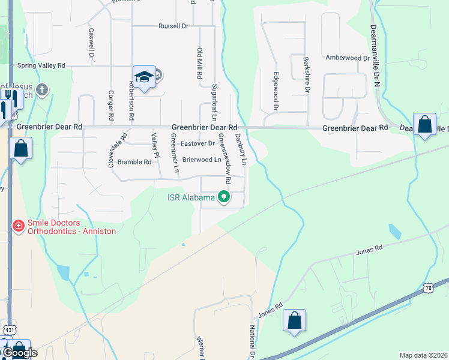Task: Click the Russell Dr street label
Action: coord(173,26)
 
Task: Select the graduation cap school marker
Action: coord(144,77)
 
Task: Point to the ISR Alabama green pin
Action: coord(224,196)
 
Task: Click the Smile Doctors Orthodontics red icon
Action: coord(18,226)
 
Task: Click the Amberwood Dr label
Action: coord(347,58)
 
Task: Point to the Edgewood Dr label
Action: coord(276,92)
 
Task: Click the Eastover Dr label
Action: coord(197,143)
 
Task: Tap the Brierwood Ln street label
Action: coord(202,160)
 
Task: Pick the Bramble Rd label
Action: coord(134,162)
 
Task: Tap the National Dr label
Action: coord(253,341)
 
